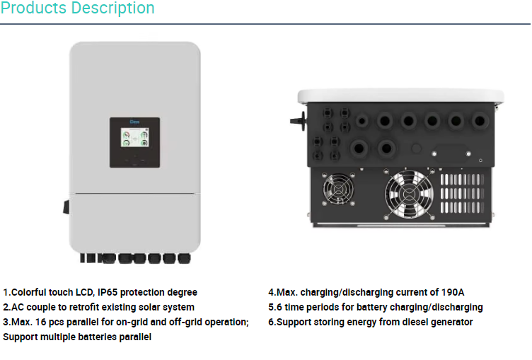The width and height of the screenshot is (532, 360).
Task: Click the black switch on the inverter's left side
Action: point(66,207)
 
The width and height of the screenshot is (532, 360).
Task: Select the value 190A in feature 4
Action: point(451,292)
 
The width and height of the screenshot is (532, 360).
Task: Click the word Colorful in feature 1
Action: point(31,292)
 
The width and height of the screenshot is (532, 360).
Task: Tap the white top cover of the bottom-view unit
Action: point(400,95)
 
